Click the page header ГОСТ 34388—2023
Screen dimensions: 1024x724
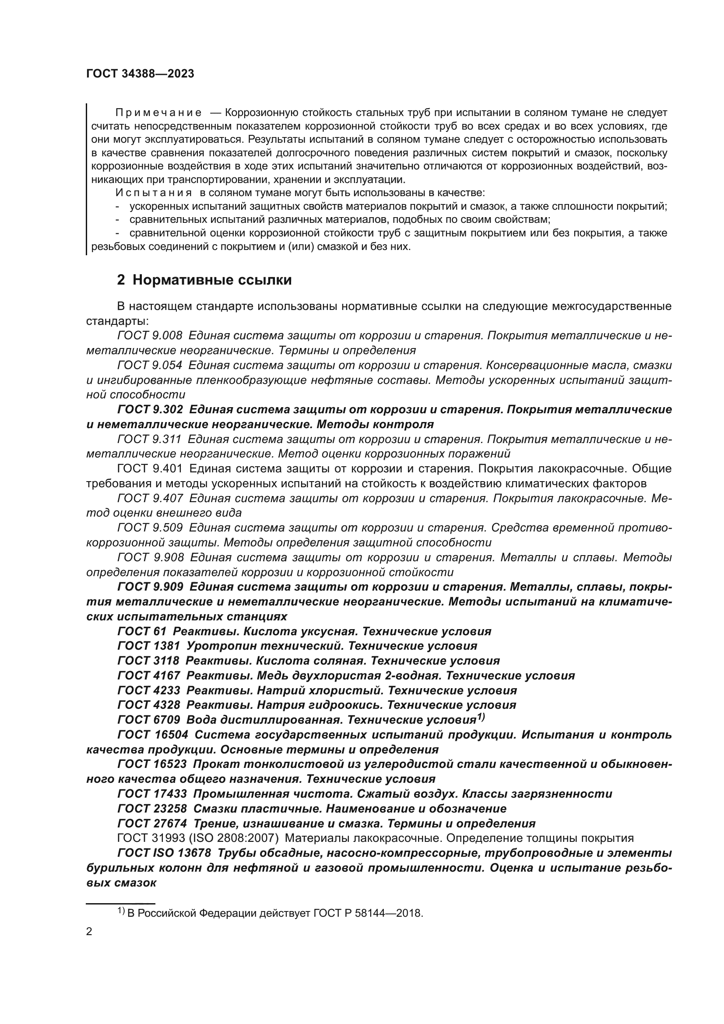tap(140, 74)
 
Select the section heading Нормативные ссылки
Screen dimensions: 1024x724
tap(212, 280)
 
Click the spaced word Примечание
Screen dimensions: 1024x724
tap(158, 113)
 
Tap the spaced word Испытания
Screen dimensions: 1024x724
tap(153, 193)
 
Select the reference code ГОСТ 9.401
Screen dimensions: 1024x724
tap(150, 468)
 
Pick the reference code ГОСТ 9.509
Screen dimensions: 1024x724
tap(150, 528)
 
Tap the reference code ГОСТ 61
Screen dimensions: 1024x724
tap(142, 631)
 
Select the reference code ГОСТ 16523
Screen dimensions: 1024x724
tap(152, 764)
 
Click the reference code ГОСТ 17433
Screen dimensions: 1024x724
tap(152, 793)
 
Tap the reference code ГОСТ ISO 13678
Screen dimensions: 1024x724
tap(164, 853)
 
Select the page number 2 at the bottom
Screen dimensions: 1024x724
tap(89, 932)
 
